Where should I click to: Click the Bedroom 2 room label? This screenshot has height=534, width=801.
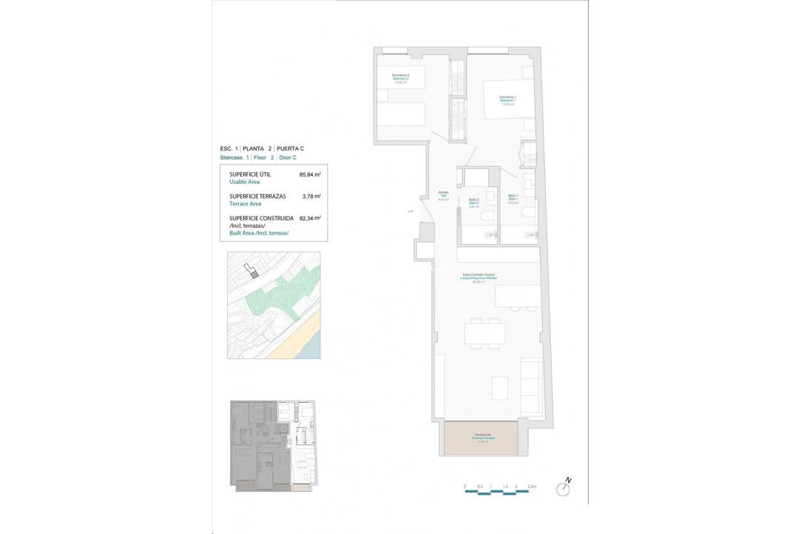[400, 79]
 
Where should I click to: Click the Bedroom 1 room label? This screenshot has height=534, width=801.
[508, 100]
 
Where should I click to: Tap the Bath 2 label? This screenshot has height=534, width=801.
[474, 203]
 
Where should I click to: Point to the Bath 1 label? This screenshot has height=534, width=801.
[512, 200]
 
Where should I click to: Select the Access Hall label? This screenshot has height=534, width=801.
[444, 196]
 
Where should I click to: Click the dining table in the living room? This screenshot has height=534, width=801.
[485, 333]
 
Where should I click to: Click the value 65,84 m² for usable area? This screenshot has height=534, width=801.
[309, 175]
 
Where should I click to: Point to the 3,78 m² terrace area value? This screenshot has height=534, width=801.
[311, 197]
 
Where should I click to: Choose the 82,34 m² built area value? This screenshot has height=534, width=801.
[309, 218]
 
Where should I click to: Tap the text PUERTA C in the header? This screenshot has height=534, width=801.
[290, 148]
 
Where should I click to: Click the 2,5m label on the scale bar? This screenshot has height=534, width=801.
[531, 487]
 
